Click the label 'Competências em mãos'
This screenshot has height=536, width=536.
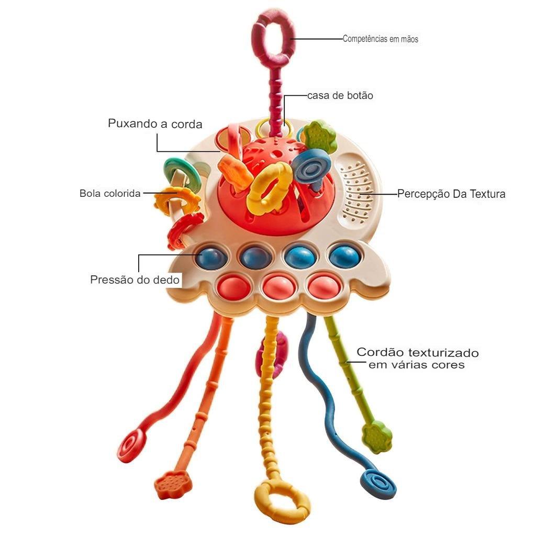381,39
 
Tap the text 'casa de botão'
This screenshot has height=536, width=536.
340,96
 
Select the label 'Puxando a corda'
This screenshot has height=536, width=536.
155,124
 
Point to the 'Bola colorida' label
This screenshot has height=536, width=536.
110,194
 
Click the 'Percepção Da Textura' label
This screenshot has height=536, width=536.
451,194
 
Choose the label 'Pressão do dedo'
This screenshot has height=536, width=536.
135,280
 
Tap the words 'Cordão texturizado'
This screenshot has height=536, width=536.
418,352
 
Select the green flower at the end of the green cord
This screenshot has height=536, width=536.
377,438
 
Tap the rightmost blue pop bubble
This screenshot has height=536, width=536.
344,256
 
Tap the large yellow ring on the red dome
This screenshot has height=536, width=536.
270,187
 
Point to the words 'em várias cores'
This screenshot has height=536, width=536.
417,365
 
